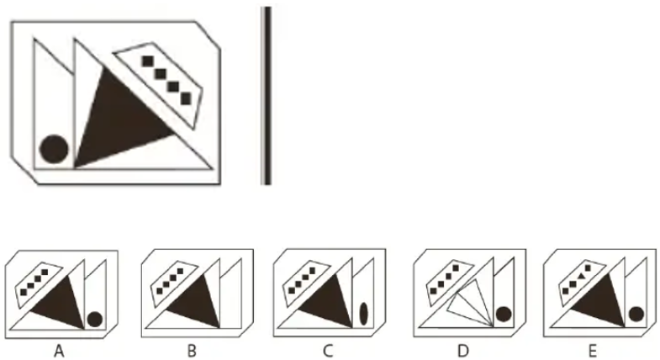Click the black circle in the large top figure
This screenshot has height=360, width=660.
(54, 149)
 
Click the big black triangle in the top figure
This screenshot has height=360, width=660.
(118, 122)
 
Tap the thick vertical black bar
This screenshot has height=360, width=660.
(266, 96)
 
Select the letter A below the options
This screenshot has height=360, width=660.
(60, 350)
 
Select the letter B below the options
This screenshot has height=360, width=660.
(192, 350)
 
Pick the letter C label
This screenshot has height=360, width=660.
(328, 350)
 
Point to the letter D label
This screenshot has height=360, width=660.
(463, 350)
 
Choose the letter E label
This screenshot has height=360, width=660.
(593, 350)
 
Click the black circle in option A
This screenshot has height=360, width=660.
(95, 319)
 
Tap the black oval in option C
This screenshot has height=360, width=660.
(364, 314)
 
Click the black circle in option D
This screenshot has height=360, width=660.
(504, 314)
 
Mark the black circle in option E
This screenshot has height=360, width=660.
(636, 314)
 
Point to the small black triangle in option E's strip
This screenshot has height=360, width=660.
(580, 276)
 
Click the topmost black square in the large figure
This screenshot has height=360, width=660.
(147, 61)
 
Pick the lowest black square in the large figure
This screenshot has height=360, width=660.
(186, 99)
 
